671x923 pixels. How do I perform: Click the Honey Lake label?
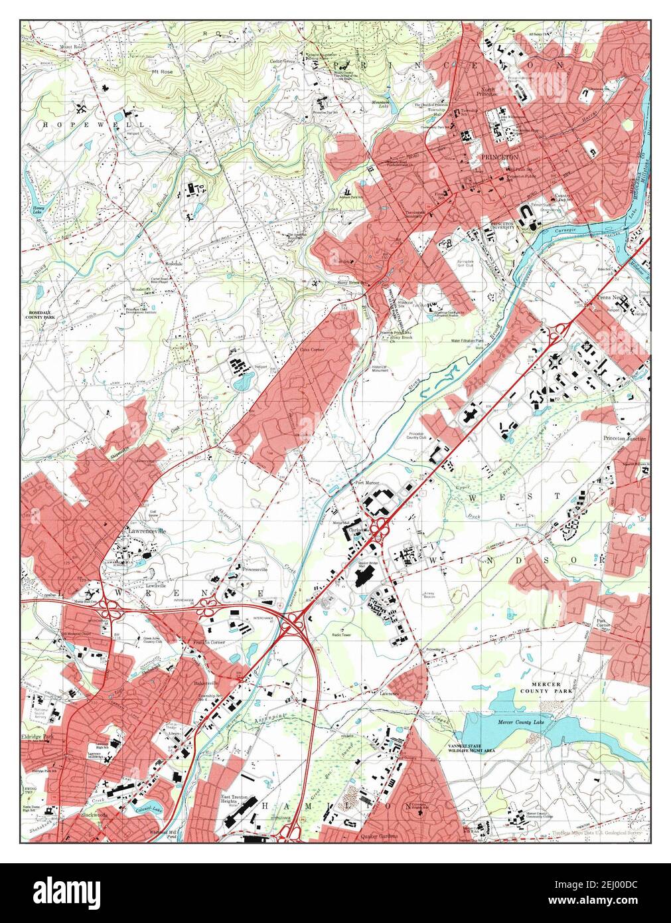39,210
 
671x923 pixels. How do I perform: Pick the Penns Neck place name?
610,297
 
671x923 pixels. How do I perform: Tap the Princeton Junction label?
624,439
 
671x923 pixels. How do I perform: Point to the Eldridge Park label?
38,738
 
